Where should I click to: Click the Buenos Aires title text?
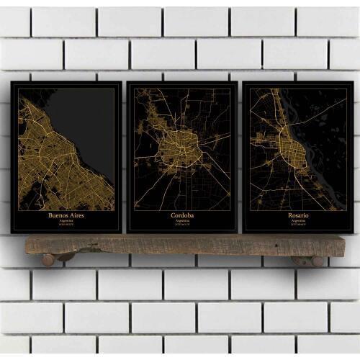(66, 215)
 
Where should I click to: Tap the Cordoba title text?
(181, 215)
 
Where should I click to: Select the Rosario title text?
(297, 215)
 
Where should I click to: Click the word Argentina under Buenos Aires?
(66, 221)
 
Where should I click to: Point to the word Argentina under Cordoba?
(181, 221)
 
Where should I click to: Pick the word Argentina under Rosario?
(297, 221)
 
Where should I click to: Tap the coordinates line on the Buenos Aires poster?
(66, 225)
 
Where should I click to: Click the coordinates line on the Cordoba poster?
(181, 225)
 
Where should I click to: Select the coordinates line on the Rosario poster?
(297, 225)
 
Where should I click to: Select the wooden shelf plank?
(180, 245)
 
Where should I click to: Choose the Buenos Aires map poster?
(66, 155)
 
